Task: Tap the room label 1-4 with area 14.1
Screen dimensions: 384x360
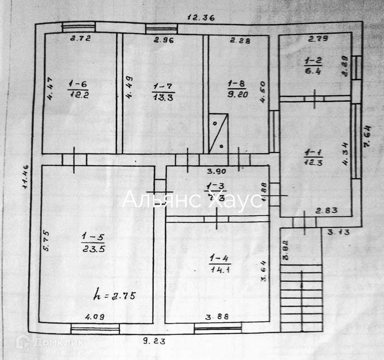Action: tap(220, 264)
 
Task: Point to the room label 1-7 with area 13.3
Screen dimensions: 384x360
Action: tap(164, 92)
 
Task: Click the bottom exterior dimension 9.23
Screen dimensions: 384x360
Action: tap(154, 341)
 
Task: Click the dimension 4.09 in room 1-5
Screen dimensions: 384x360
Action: tap(95, 317)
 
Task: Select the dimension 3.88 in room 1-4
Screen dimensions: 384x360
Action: tap(217, 317)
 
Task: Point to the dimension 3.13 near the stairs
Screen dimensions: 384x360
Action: tap(338, 233)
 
